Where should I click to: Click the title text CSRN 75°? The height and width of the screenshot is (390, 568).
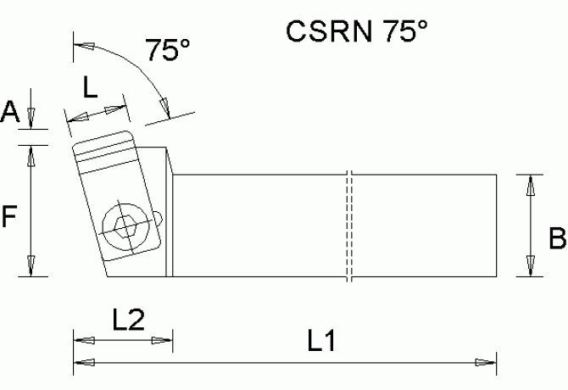357,31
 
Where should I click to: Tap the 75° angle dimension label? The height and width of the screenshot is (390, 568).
166,51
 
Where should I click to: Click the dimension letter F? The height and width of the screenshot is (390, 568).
9,218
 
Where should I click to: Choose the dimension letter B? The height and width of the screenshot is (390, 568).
557,240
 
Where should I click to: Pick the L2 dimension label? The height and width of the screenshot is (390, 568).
128,320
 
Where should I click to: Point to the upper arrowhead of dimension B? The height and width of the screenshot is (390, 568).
532,183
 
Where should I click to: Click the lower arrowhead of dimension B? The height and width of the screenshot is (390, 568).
532,267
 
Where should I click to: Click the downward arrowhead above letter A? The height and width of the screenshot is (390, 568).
31,118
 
